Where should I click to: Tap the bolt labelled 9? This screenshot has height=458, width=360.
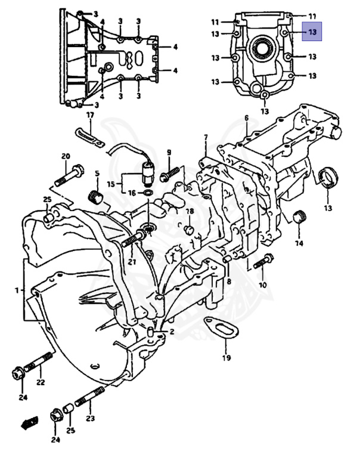click(x=169, y=172)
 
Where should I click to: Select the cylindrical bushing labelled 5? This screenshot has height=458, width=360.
click(x=95, y=196)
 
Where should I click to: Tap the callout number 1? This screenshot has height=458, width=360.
click(x=18, y=290)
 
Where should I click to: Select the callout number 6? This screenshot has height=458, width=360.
click(x=246, y=118)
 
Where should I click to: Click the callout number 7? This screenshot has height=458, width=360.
click(x=206, y=138)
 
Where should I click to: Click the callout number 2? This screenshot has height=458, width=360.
click(x=172, y=332)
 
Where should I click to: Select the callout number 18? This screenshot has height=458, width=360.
click(x=190, y=212)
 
